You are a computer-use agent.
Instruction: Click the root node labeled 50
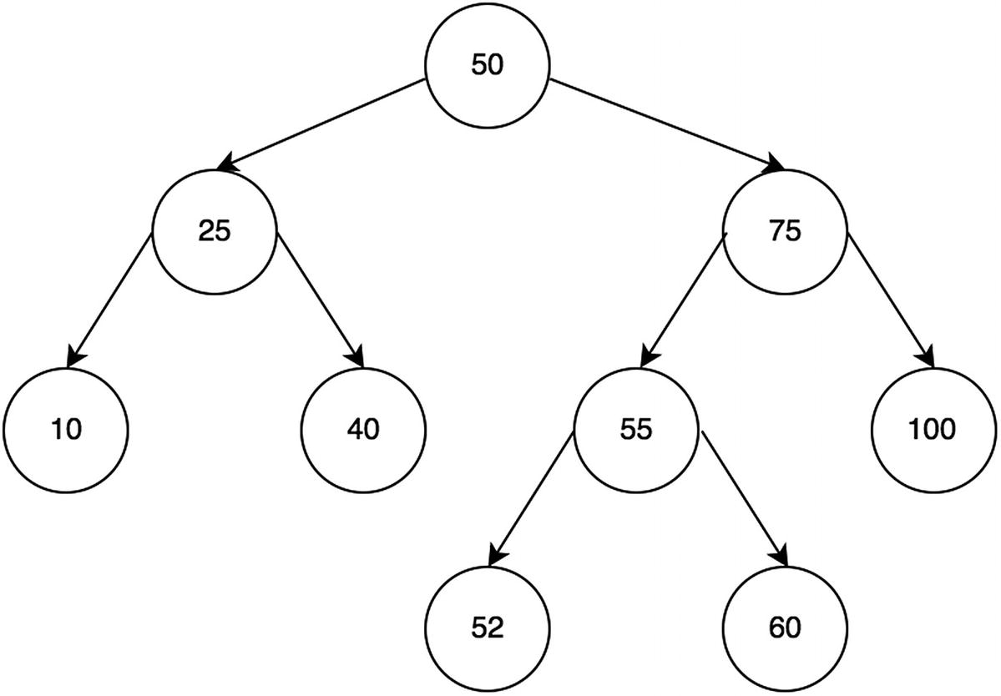coord(488,66)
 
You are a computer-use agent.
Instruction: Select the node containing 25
coord(214,231)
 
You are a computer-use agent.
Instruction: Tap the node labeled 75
coord(786,231)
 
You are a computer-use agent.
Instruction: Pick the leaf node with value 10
coord(66,430)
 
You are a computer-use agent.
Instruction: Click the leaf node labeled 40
coord(363,430)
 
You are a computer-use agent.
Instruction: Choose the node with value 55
coord(635,430)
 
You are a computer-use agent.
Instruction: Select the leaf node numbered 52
coord(488,628)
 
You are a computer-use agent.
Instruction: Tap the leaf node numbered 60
coord(786,628)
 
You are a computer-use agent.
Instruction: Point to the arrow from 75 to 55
coord(684,300)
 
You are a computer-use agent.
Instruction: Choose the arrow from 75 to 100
coord(890,300)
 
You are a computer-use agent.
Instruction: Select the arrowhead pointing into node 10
coord(73,358)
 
